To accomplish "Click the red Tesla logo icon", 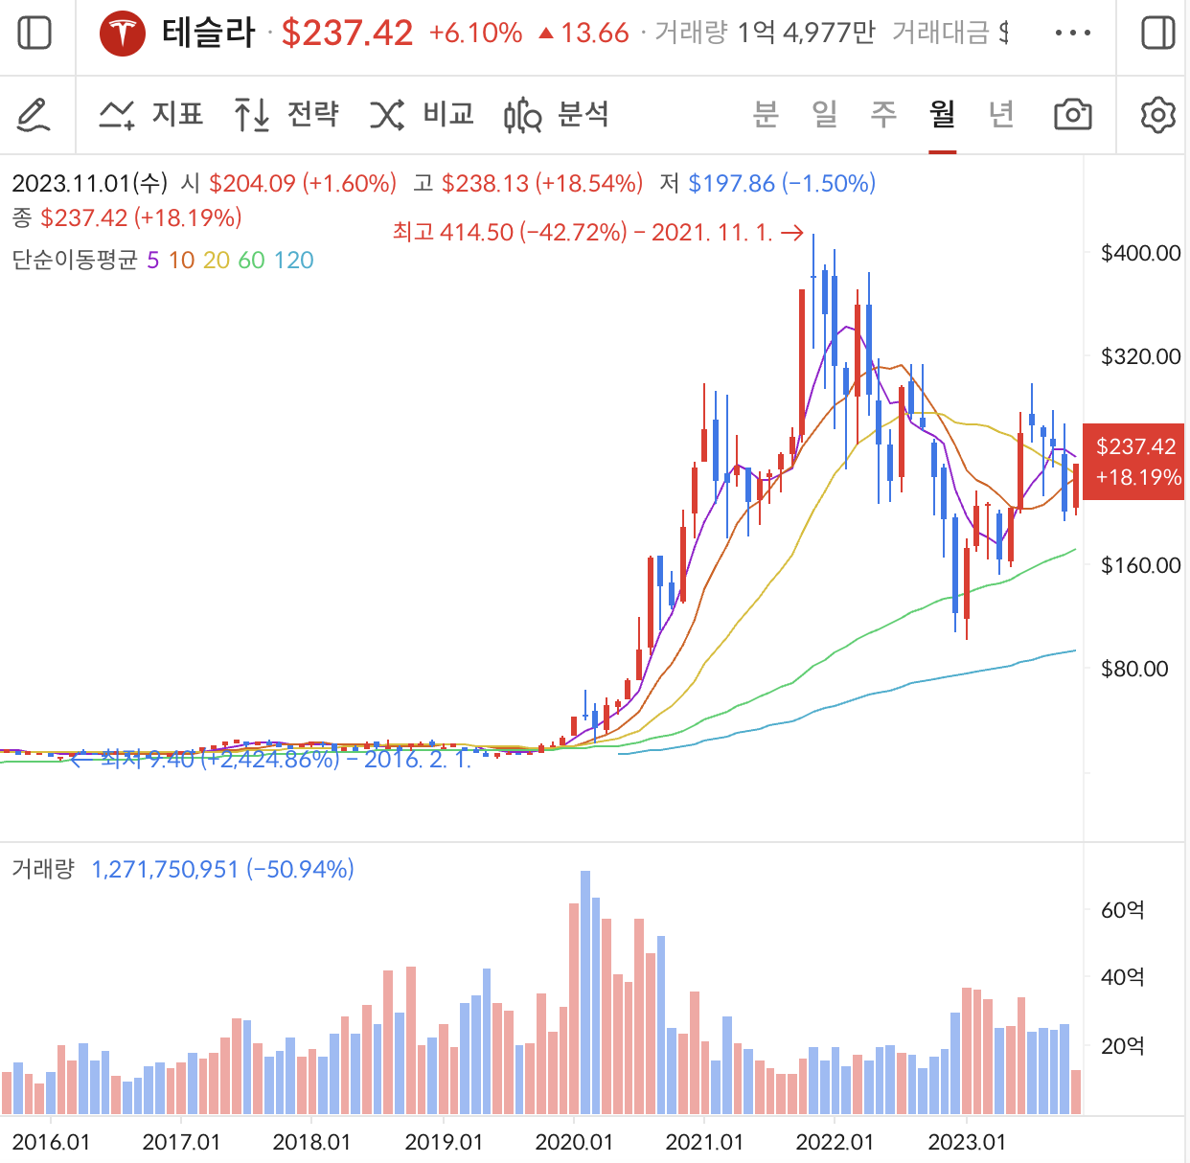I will [x=123, y=34].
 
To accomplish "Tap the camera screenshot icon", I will [x=1072, y=115].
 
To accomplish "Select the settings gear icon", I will [x=1157, y=115].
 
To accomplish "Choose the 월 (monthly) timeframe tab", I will [x=942, y=115].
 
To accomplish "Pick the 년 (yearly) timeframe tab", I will [x=1001, y=115].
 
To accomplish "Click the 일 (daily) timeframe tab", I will [x=824, y=115].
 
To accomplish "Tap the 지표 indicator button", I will [x=151, y=115].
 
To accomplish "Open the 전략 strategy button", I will [x=286, y=115].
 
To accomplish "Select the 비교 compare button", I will [x=423, y=115].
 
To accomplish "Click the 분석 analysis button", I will [x=557, y=115].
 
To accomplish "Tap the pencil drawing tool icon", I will [x=34, y=115].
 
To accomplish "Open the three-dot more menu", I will [x=1072, y=34].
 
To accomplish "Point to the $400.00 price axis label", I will [x=1140, y=254].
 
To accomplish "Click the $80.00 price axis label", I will [x=1134, y=669].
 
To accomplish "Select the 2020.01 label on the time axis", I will [x=574, y=1142].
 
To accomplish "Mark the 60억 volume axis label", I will [x=1122, y=910].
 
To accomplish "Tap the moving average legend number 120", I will [x=293, y=261].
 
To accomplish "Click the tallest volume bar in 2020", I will [x=585, y=992].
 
